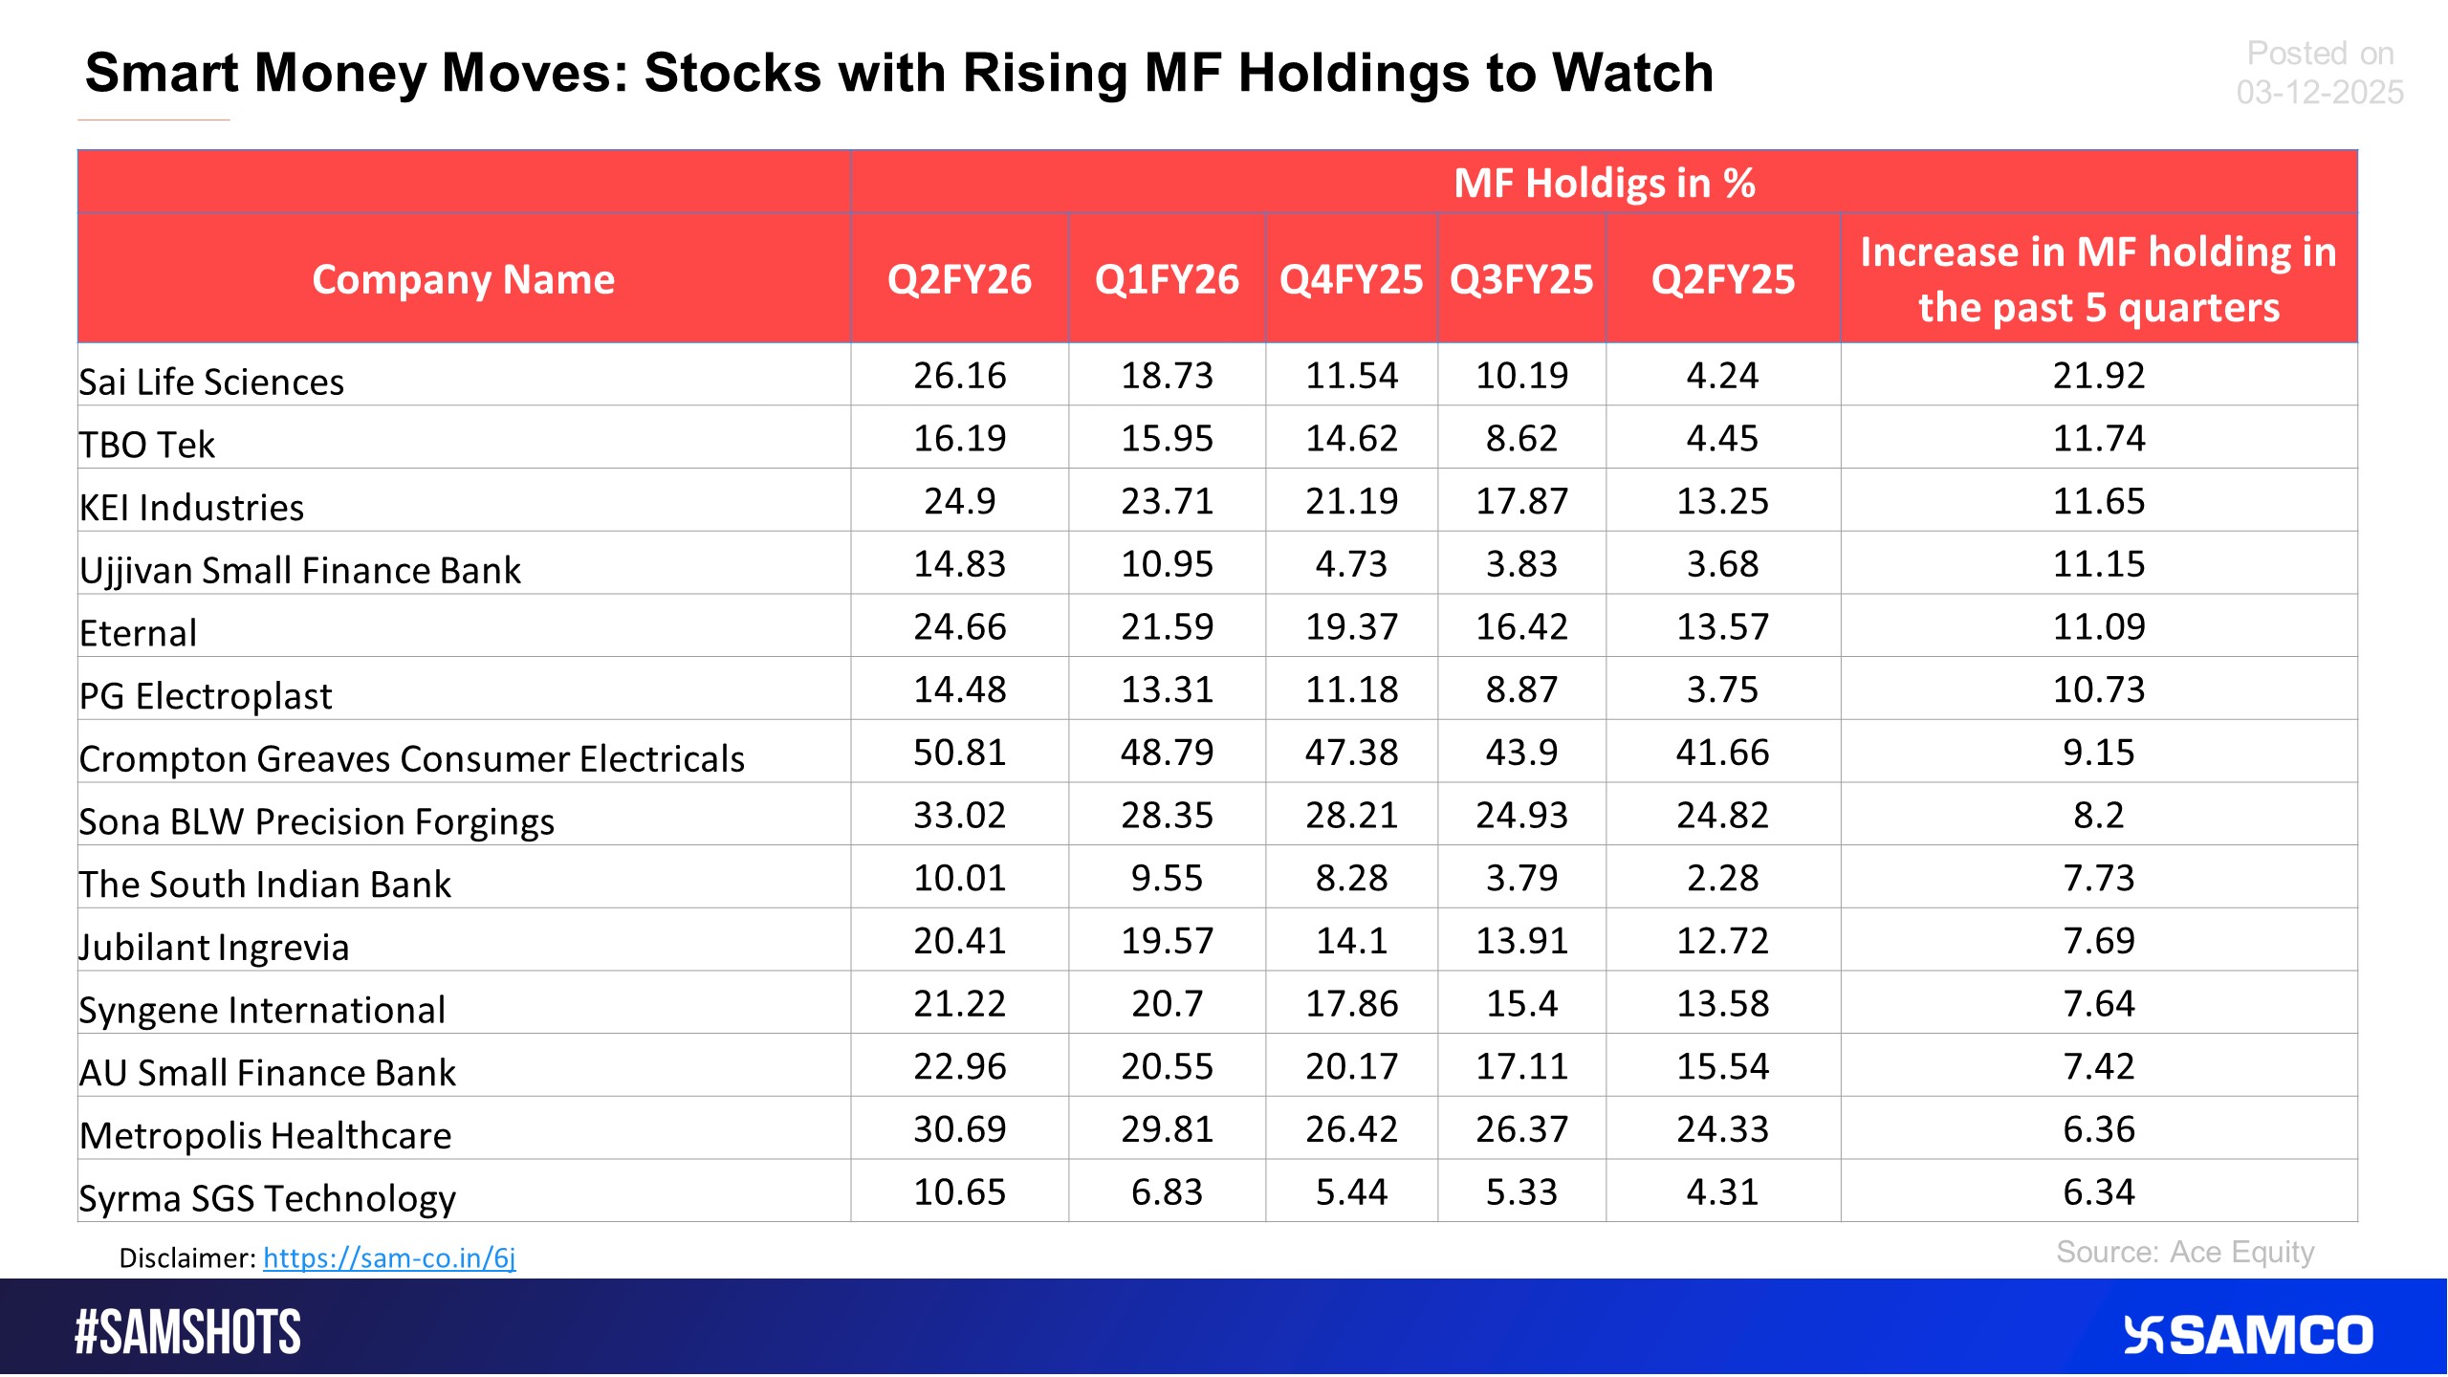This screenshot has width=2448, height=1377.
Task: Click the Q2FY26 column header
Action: (959, 279)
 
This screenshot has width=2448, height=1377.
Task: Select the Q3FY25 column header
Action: (1520, 279)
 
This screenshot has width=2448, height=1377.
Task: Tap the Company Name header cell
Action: (463, 279)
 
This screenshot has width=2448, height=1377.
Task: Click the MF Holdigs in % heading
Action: (1604, 183)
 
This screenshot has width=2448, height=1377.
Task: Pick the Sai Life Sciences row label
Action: (211, 382)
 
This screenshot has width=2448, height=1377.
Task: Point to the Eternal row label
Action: (138, 633)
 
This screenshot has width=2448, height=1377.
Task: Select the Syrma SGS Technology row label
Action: (267, 1198)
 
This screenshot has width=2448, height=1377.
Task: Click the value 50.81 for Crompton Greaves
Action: (959, 753)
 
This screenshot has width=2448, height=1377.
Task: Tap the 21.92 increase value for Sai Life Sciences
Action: (2098, 376)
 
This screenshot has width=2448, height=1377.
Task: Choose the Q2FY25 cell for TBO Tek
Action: (1721, 439)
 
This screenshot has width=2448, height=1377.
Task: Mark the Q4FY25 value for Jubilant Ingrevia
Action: (1350, 941)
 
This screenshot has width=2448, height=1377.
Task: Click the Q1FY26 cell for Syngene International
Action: (1166, 1004)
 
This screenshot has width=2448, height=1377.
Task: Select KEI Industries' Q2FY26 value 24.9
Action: (959, 501)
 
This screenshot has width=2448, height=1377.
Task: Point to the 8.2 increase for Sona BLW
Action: (2098, 816)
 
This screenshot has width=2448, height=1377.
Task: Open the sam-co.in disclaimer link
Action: (389, 1257)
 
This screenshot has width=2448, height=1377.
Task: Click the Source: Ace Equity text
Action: (2184, 1252)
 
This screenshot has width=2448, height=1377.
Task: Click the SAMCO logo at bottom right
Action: (2247, 1335)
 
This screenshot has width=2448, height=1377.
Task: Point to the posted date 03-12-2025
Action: (2319, 93)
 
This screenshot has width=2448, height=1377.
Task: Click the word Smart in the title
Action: (161, 73)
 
